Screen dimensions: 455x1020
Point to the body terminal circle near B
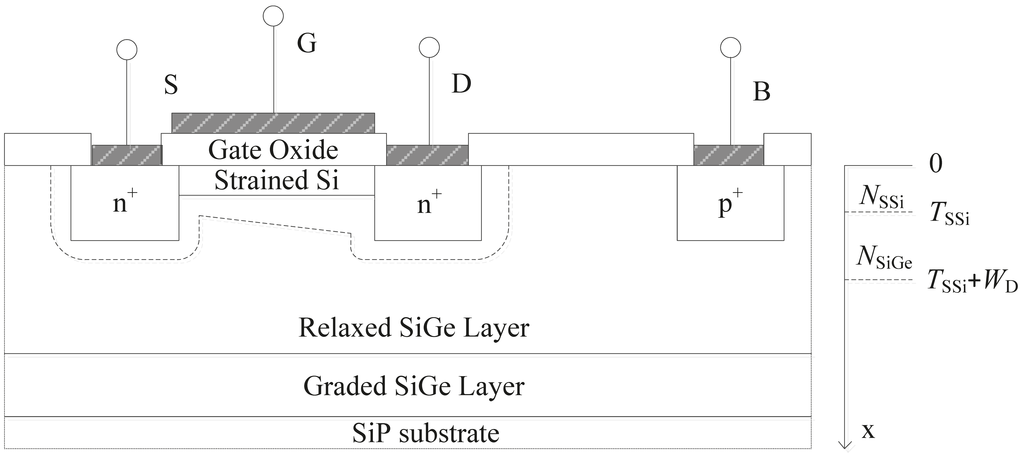tap(731, 48)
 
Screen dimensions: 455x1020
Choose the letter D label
tap(461, 84)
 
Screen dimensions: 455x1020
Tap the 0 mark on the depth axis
tap(936, 163)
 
